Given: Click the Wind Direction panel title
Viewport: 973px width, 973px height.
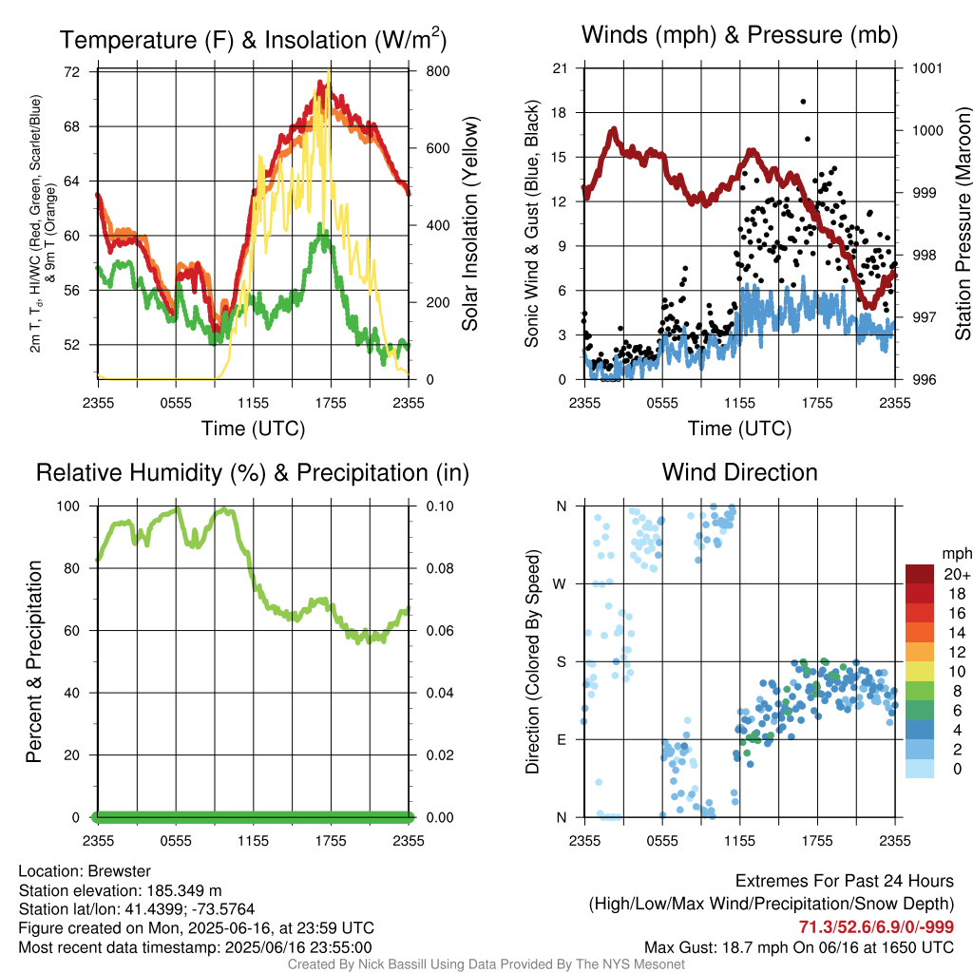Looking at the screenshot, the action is click(x=739, y=472).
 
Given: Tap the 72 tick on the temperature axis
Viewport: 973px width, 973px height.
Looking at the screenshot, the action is click(x=72, y=72).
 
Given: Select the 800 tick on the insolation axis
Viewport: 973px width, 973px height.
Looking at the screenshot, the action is click(x=437, y=71).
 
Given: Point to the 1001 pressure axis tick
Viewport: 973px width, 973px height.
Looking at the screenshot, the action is click(x=927, y=68).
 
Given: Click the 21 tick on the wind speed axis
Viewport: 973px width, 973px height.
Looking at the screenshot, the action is click(x=560, y=68).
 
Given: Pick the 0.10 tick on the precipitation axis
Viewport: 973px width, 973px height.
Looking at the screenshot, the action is click(x=439, y=506).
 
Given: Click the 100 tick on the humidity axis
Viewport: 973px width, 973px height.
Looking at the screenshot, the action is click(x=68, y=506).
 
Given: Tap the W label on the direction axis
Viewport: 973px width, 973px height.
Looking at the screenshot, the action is click(x=560, y=584).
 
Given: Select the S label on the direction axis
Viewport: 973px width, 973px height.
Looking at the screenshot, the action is click(x=561, y=661).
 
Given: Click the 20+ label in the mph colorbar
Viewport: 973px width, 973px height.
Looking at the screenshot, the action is click(x=957, y=574).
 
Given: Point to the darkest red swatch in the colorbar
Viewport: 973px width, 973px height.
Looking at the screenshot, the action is click(x=920, y=574).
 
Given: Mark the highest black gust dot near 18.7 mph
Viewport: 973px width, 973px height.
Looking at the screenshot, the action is click(x=803, y=101).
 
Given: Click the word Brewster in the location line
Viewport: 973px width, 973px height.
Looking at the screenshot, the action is click(x=119, y=871).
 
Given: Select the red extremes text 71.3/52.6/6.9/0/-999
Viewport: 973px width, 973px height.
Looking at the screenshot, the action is click(x=876, y=926).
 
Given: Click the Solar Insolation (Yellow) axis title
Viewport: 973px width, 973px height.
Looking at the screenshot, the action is click(x=470, y=224).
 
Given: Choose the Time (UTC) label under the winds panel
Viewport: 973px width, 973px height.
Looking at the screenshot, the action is click(x=739, y=429).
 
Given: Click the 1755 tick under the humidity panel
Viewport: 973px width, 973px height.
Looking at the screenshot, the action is click(x=331, y=841).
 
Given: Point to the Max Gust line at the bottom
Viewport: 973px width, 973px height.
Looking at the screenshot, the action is click(x=798, y=947).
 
